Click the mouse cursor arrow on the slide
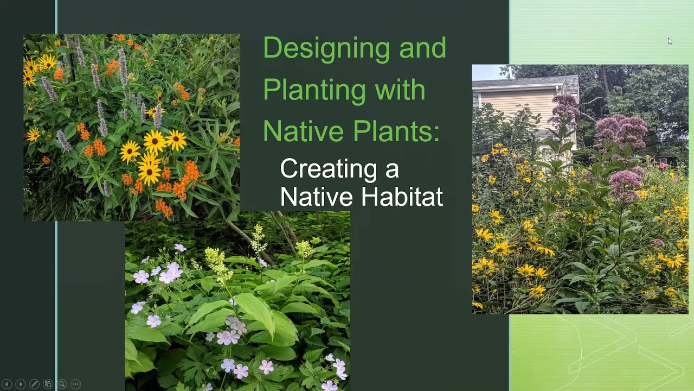[x=670, y=41]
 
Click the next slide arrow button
[x=20, y=384]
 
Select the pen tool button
[x=34, y=384]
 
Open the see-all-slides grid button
[x=48, y=384]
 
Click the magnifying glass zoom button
[x=62, y=384]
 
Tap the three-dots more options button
[x=75, y=384]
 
